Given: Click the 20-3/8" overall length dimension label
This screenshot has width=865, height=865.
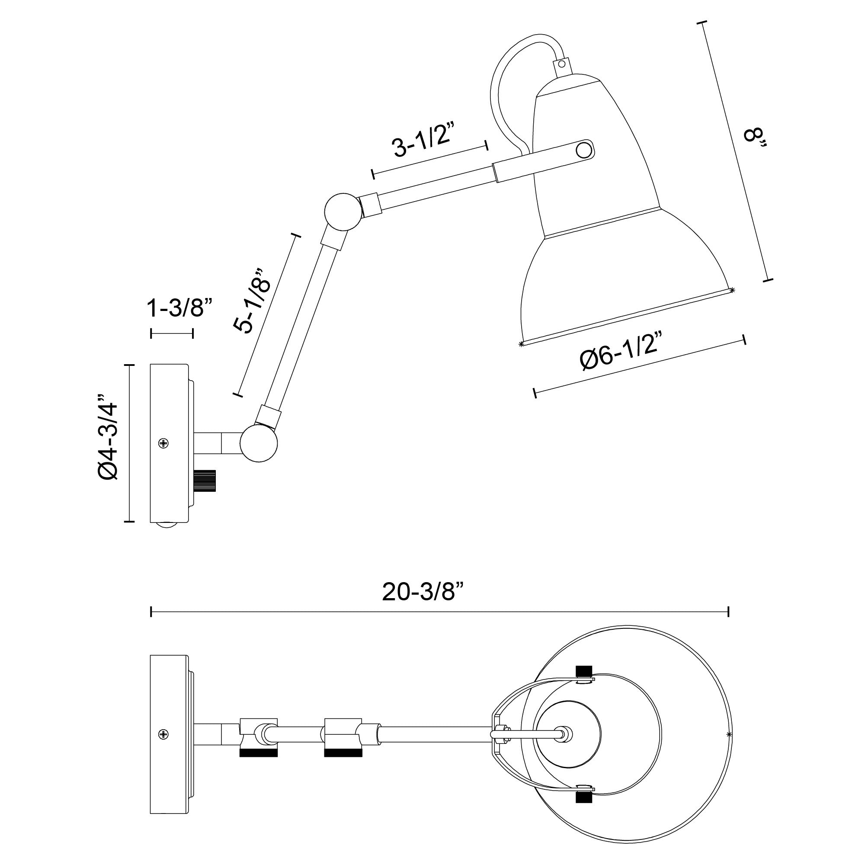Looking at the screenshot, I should pos(423,593).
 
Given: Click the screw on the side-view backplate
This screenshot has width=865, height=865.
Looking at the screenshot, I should pos(164,443).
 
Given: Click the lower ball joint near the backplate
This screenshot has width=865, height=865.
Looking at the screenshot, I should pos(258,443).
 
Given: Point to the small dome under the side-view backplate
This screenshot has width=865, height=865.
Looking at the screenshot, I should pos(167,525).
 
